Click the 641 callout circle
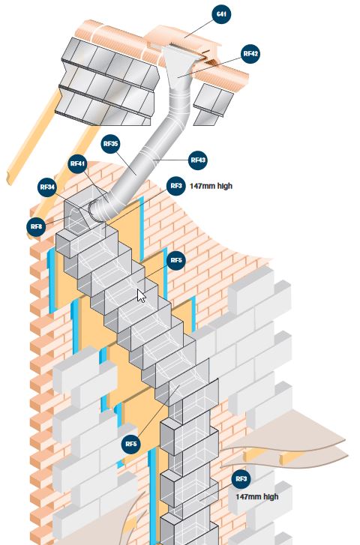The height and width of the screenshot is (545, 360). [x=221, y=14]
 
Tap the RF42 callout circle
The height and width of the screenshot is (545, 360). [x=250, y=54]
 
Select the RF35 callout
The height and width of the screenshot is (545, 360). [x=110, y=144]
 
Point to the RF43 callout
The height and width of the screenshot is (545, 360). [x=198, y=160]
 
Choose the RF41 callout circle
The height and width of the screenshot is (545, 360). [x=77, y=164]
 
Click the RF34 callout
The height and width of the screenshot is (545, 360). [x=47, y=187]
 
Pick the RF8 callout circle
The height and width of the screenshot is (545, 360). [x=36, y=227]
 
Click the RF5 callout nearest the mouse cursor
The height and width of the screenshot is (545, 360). [x=176, y=260]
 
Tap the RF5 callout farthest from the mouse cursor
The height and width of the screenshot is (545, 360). [x=131, y=444]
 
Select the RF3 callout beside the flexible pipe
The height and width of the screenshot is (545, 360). [x=176, y=186]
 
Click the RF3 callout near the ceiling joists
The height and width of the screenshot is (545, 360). [x=241, y=479]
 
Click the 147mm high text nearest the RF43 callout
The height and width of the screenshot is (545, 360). [x=211, y=187]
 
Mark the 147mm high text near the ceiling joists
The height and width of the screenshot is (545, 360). [x=257, y=497]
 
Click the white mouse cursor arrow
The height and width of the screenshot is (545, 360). [x=141, y=296]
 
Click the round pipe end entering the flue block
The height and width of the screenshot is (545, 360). [x=96, y=211]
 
